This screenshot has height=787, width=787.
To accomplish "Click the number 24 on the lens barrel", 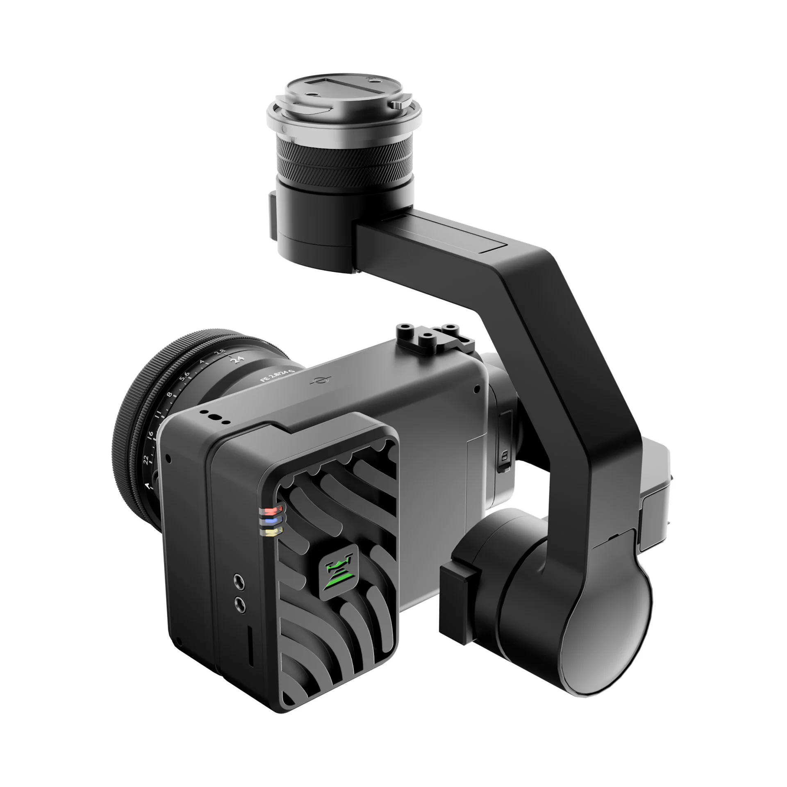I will click(237, 360).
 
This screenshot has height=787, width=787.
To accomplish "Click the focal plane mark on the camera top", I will click(316, 381).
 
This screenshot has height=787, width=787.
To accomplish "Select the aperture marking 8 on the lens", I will click(169, 396).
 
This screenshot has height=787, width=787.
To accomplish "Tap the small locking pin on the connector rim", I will click(396, 105).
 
